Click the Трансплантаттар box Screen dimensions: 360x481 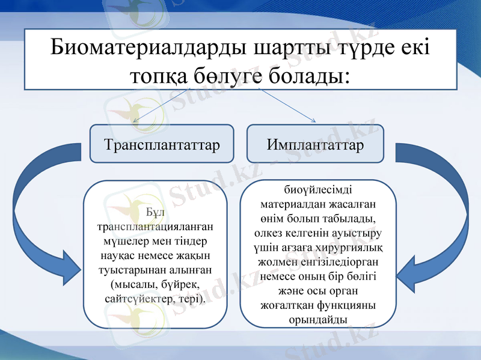(161, 145)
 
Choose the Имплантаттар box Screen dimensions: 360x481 (315, 145)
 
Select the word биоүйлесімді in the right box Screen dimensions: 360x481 (318, 189)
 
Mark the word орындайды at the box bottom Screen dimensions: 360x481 (317, 319)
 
